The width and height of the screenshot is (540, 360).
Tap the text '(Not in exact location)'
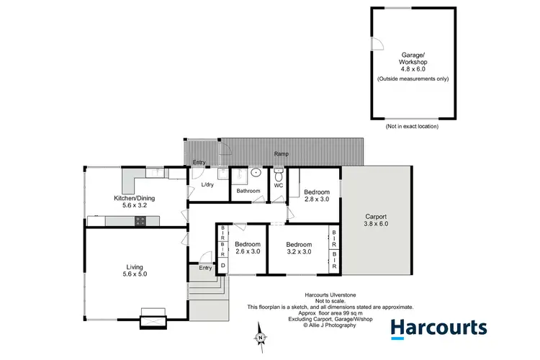coord(411,126)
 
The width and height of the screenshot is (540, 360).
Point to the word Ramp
coord(283,154)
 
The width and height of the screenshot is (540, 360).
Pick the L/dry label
coord(207,185)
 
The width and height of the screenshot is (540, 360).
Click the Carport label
coord(375,220)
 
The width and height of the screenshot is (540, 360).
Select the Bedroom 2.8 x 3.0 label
coord(317,196)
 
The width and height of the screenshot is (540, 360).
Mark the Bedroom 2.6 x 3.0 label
coord(248,248)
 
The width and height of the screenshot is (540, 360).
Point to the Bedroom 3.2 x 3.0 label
coord(299,248)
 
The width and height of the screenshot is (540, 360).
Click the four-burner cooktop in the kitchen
coord(138,222)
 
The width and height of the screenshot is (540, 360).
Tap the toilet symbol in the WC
coord(279,173)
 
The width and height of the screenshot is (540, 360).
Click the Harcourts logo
coord(438,328)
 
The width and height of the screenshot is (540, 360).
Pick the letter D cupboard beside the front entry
coord(222,266)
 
